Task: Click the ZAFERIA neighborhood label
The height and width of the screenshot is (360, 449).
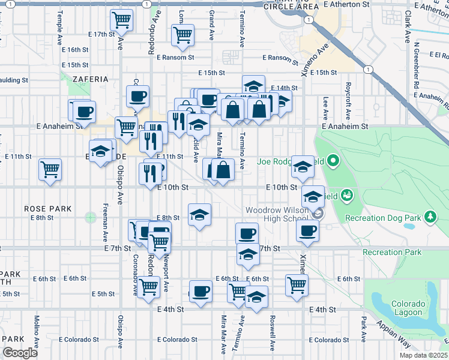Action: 91,79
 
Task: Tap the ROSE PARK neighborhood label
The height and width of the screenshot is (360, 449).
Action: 48,209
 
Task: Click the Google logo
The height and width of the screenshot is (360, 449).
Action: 20,353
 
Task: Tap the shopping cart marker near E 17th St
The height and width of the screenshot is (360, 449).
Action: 122,21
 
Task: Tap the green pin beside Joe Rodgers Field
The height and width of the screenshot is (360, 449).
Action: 334,161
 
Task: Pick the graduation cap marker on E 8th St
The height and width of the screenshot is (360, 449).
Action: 200,215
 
